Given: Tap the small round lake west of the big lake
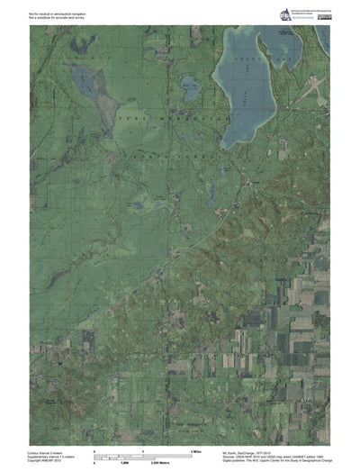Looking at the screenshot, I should click(190, 87).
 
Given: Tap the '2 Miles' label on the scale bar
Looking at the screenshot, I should click(196, 448).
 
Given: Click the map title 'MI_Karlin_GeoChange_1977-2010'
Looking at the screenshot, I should click(256, 448).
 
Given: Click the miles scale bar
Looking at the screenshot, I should click(144, 452).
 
